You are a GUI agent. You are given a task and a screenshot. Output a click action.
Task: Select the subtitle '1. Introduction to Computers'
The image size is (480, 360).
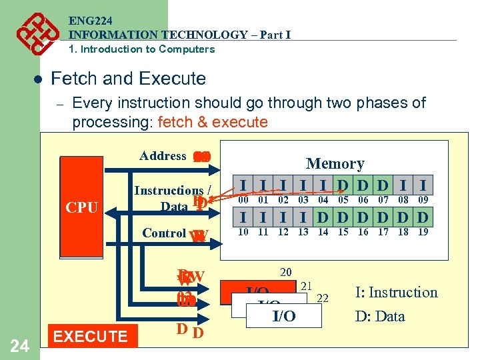(x=142, y=49)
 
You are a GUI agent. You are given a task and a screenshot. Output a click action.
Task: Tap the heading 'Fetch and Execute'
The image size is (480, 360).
(x=128, y=79)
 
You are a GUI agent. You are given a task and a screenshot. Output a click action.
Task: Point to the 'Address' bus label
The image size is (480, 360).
(x=163, y=156)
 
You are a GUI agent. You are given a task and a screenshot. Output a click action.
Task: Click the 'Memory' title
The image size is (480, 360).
(x=335, y=163)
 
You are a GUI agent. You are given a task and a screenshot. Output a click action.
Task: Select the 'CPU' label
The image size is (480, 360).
(x=82, y=207)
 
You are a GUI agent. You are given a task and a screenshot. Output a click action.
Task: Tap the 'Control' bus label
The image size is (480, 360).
(x=164, y=233)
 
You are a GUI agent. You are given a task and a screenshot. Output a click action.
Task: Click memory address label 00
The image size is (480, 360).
(x=244, y=199)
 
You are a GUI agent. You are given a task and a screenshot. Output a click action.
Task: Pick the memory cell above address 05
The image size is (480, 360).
(x=343, y=185)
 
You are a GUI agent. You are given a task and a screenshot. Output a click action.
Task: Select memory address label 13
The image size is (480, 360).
(x=303, y=231)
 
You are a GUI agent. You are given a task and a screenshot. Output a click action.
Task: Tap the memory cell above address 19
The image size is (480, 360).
(x=423, y=217)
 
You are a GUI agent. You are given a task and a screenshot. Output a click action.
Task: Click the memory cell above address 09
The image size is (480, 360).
(x=423, y=185)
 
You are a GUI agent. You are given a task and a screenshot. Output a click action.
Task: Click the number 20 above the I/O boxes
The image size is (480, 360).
(x=286, y=271)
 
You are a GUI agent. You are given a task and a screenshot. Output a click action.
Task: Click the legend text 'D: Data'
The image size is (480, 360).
(x=380, y=316)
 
